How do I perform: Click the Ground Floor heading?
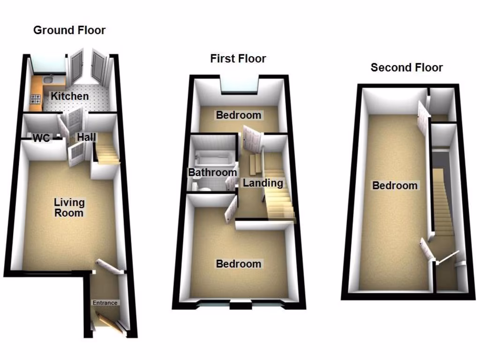[x=69, y=30]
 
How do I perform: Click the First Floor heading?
[x=238, y=59]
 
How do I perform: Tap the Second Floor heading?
[x=406, y=67]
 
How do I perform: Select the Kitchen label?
[x=69, y=96]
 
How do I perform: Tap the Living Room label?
[x=69, y=208]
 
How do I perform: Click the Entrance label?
[x=105, y=303]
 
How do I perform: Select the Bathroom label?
[x=212, y=172]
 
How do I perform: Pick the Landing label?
[x=262, y=183]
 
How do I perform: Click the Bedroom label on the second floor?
[x=395, y=186]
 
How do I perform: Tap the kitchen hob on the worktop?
[x=36, y=99]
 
